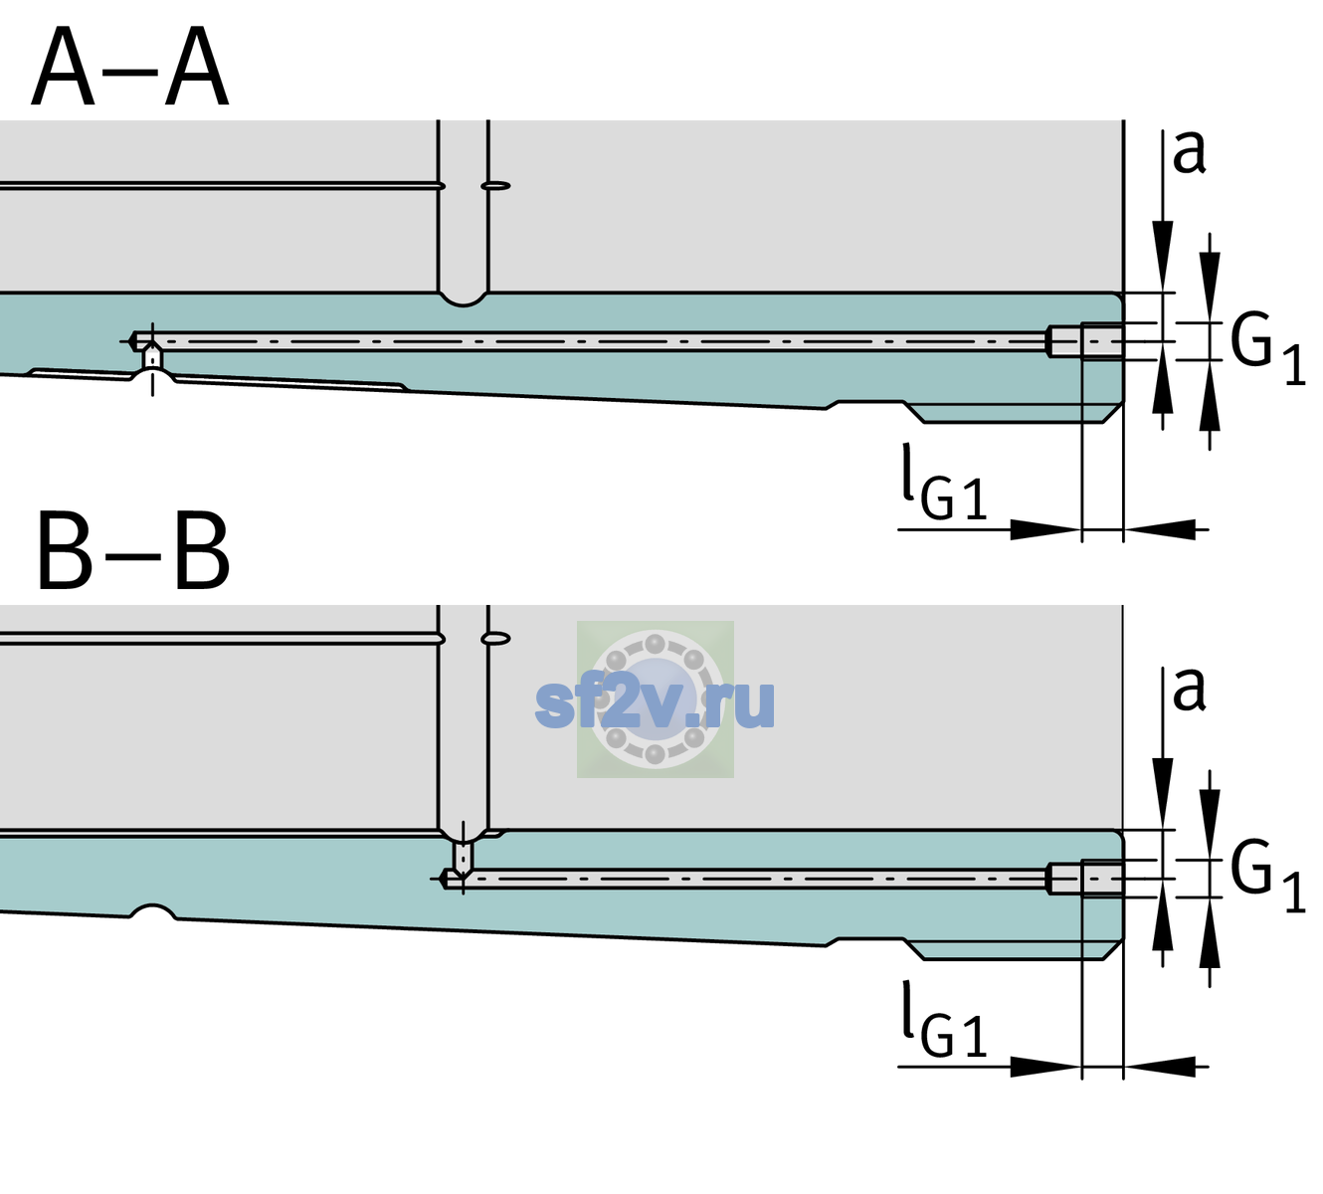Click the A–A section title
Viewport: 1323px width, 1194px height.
click(x=130, y=67)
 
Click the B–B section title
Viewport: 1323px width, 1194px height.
click(x=134, y=552)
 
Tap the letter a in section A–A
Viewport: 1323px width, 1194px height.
click(x=1189, y=153)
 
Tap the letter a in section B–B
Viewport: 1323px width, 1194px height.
click(x=1189, y=690)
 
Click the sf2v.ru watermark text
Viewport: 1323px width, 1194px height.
click(x=655, y=703)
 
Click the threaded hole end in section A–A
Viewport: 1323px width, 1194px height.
click(x=1085, y=341)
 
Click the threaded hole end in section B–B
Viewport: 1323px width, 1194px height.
click(x=1085, y=879)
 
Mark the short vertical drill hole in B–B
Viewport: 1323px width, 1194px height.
click(x=464, y=857)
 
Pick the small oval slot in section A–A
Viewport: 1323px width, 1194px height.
click(x=496, y=186)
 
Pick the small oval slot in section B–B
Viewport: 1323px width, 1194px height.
click(x=496, y=639)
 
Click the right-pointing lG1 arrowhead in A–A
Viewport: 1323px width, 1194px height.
click(x=1046, y=529)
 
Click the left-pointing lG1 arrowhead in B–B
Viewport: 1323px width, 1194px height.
click(x=1160, y=1066)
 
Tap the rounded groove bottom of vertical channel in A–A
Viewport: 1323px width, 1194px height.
click(x=463, y=300)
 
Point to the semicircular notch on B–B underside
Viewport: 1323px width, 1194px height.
click(x=153, y=910)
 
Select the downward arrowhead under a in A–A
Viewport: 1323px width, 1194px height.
click(x=1163, y=256)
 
